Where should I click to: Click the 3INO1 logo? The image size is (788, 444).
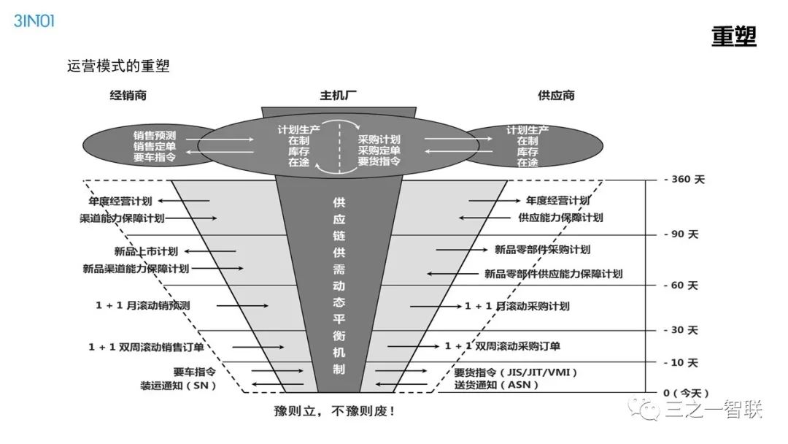coord(34,20)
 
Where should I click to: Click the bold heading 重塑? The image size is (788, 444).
coord(733,37)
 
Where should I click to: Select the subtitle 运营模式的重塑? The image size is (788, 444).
coord(118,66)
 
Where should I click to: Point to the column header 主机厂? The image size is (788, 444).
coord(339,95)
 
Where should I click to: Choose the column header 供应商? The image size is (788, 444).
coord(556,95)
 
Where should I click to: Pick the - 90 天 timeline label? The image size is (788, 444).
coord(681,234)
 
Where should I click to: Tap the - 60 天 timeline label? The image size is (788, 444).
coord(681,285)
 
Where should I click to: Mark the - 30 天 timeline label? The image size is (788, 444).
coord(681,330)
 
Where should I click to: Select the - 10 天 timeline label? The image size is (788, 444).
coord(681,362)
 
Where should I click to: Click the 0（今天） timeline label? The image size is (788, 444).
coord(685,393)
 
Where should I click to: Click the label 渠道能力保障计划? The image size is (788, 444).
coord(122,218)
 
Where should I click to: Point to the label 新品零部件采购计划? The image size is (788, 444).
coord(542,250)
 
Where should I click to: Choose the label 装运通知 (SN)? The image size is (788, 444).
coord(178,385)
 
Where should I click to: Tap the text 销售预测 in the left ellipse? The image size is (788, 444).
coord(154,135)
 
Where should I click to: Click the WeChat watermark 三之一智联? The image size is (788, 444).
coord(711,410)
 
